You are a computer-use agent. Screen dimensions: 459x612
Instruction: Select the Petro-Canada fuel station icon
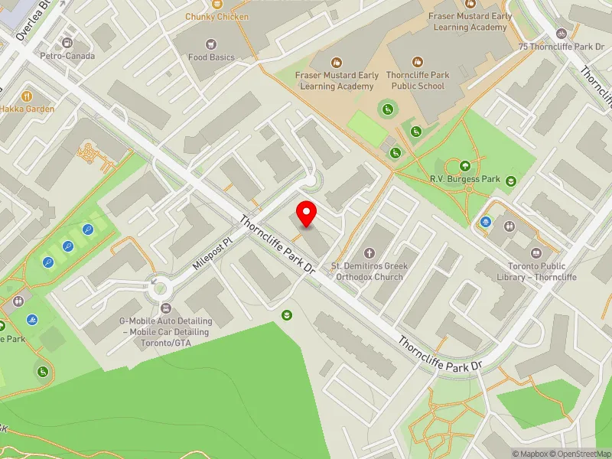click(68, 43)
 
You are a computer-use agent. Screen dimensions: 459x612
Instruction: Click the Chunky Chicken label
click(217, 16)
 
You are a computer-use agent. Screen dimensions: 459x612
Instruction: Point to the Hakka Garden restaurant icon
click(27, 96)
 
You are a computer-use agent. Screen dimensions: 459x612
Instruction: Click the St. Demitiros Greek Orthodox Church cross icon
click(369, 252)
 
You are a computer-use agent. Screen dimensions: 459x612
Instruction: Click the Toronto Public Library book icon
click(536, 252)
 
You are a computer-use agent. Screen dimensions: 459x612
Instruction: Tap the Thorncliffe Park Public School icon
click(417, 61)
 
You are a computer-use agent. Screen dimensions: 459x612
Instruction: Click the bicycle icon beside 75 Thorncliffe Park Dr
click(562, 34)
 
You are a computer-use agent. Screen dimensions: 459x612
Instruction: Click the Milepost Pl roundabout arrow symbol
click(156, 282)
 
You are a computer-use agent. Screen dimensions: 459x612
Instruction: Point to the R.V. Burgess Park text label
click(464, 179)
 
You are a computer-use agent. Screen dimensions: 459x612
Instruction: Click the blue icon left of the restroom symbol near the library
click(487, 223)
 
